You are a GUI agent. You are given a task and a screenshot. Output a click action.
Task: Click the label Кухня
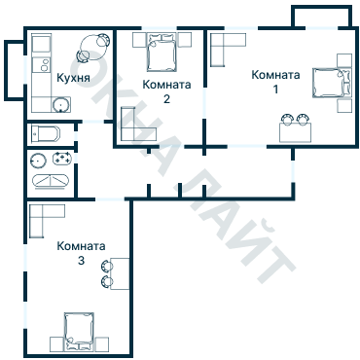73,78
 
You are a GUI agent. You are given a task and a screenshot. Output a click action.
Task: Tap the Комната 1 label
275,82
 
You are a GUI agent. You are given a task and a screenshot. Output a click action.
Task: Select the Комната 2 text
166,91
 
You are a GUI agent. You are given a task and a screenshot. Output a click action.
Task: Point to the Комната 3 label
81,253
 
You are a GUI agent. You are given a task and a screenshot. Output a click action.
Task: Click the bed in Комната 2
162,53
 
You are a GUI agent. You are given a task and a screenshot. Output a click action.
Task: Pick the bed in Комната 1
332,83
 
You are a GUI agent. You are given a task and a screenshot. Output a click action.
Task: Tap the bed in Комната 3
79,332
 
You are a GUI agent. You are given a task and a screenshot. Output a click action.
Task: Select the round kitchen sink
61,104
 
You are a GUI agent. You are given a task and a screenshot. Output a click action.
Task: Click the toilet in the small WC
46,133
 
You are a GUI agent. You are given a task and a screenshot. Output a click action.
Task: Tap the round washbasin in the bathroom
37,160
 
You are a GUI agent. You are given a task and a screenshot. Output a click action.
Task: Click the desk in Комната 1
296,132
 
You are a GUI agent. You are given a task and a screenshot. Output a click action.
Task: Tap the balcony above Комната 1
322,17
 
